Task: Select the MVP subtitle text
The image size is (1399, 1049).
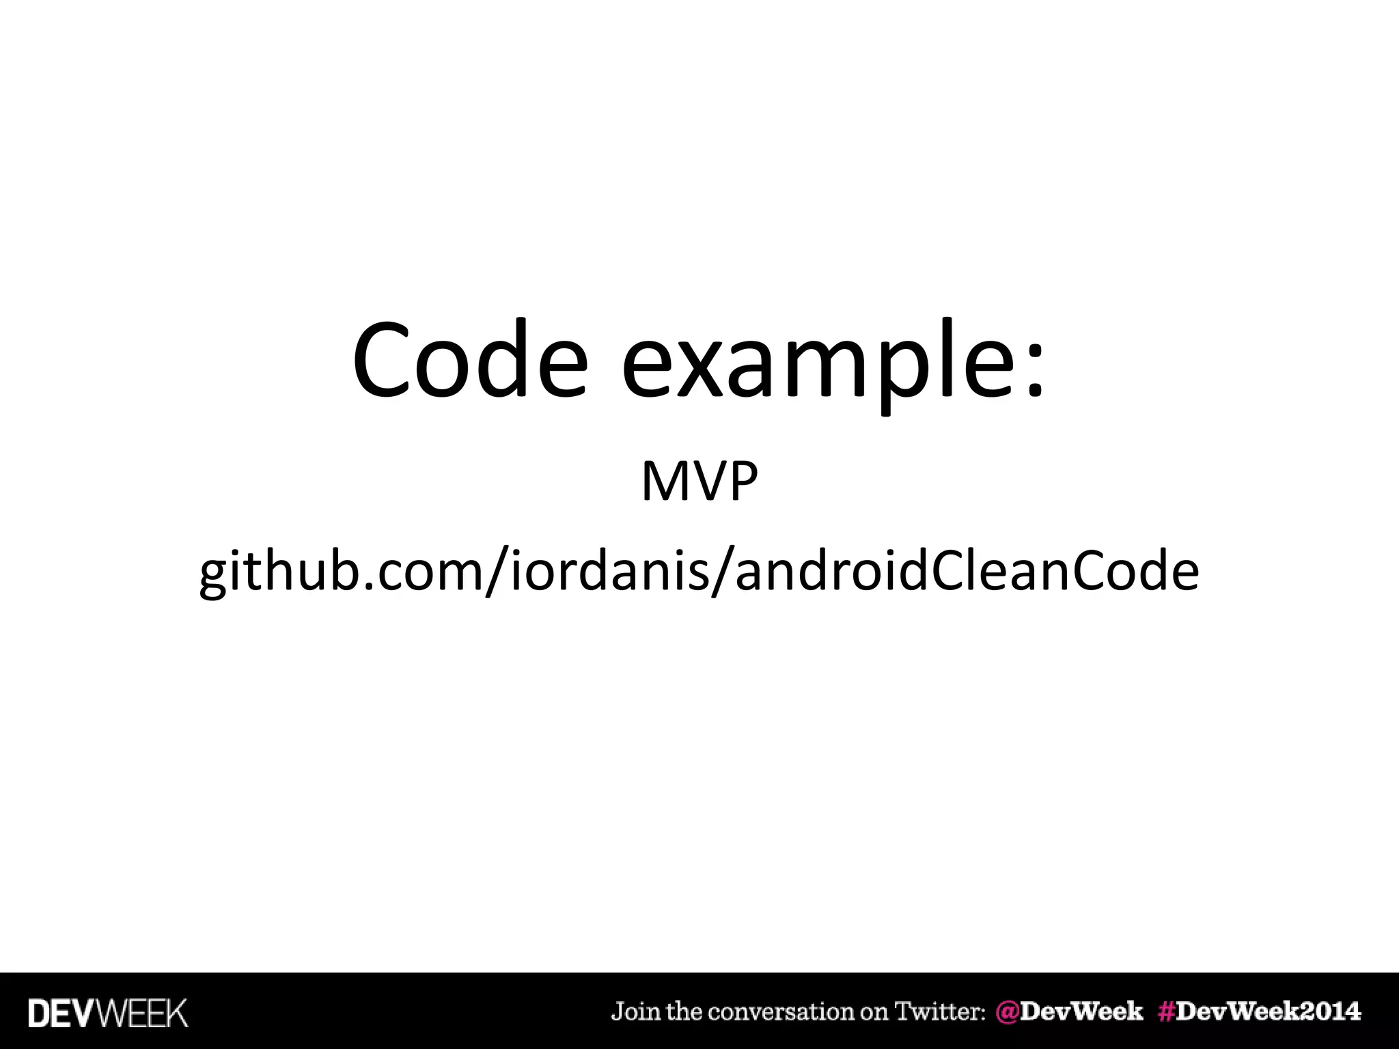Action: pyautogui.click(x=699, y=481)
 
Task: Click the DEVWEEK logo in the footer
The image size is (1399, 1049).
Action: pyautogui.click(x=108, y=1013)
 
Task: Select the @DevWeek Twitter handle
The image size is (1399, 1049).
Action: pyautogui.click(x=1069, y=1011)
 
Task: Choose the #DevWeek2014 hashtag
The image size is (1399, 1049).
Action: pyautogui.click(x=1259, y=1011)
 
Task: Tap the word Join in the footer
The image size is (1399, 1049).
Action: pyautogui.click(x=636, y=1012)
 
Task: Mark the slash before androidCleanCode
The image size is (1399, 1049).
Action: pyautogui.click(x=722, y=572)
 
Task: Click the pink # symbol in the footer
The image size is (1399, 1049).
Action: pyautogui.click(x=1167, y=1011)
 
